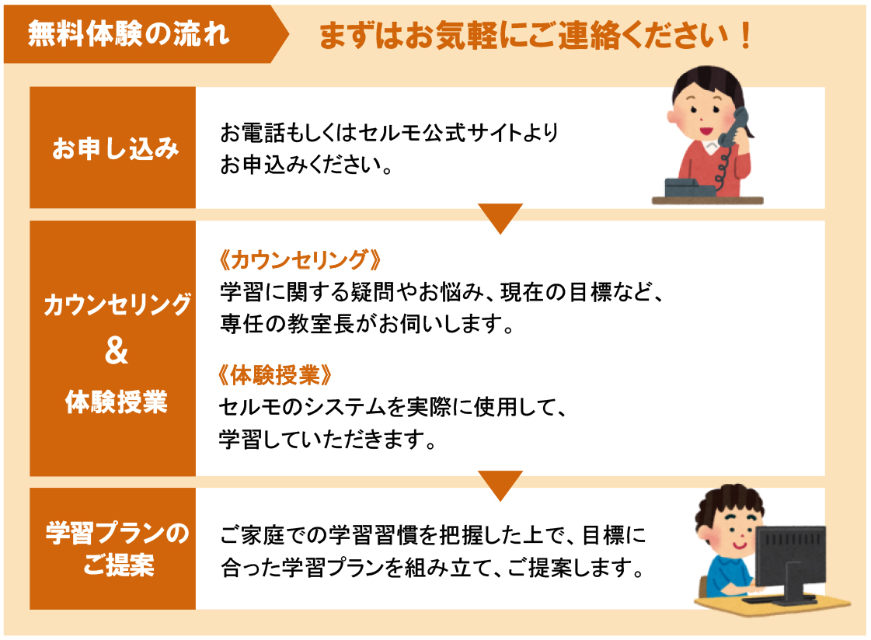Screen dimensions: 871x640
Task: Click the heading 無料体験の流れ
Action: tap(129, 34)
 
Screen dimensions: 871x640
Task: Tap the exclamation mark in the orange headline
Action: tap(745, 36)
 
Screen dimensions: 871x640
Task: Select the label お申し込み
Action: tap(116, 148)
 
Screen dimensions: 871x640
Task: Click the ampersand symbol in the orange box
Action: tap(116, 350)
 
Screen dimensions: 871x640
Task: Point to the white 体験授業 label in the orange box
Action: tap(116, 402)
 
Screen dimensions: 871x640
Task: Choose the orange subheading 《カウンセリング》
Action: tap(300, 259)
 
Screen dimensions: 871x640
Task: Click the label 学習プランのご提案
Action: tap(117, 548)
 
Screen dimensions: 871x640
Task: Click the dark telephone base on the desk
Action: tap(691, 188)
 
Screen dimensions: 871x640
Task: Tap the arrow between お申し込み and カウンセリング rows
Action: tap(500, 217)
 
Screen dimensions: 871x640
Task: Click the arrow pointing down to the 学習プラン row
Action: tap(500, 485)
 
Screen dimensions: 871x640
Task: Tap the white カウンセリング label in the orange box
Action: tap(117, 304)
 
